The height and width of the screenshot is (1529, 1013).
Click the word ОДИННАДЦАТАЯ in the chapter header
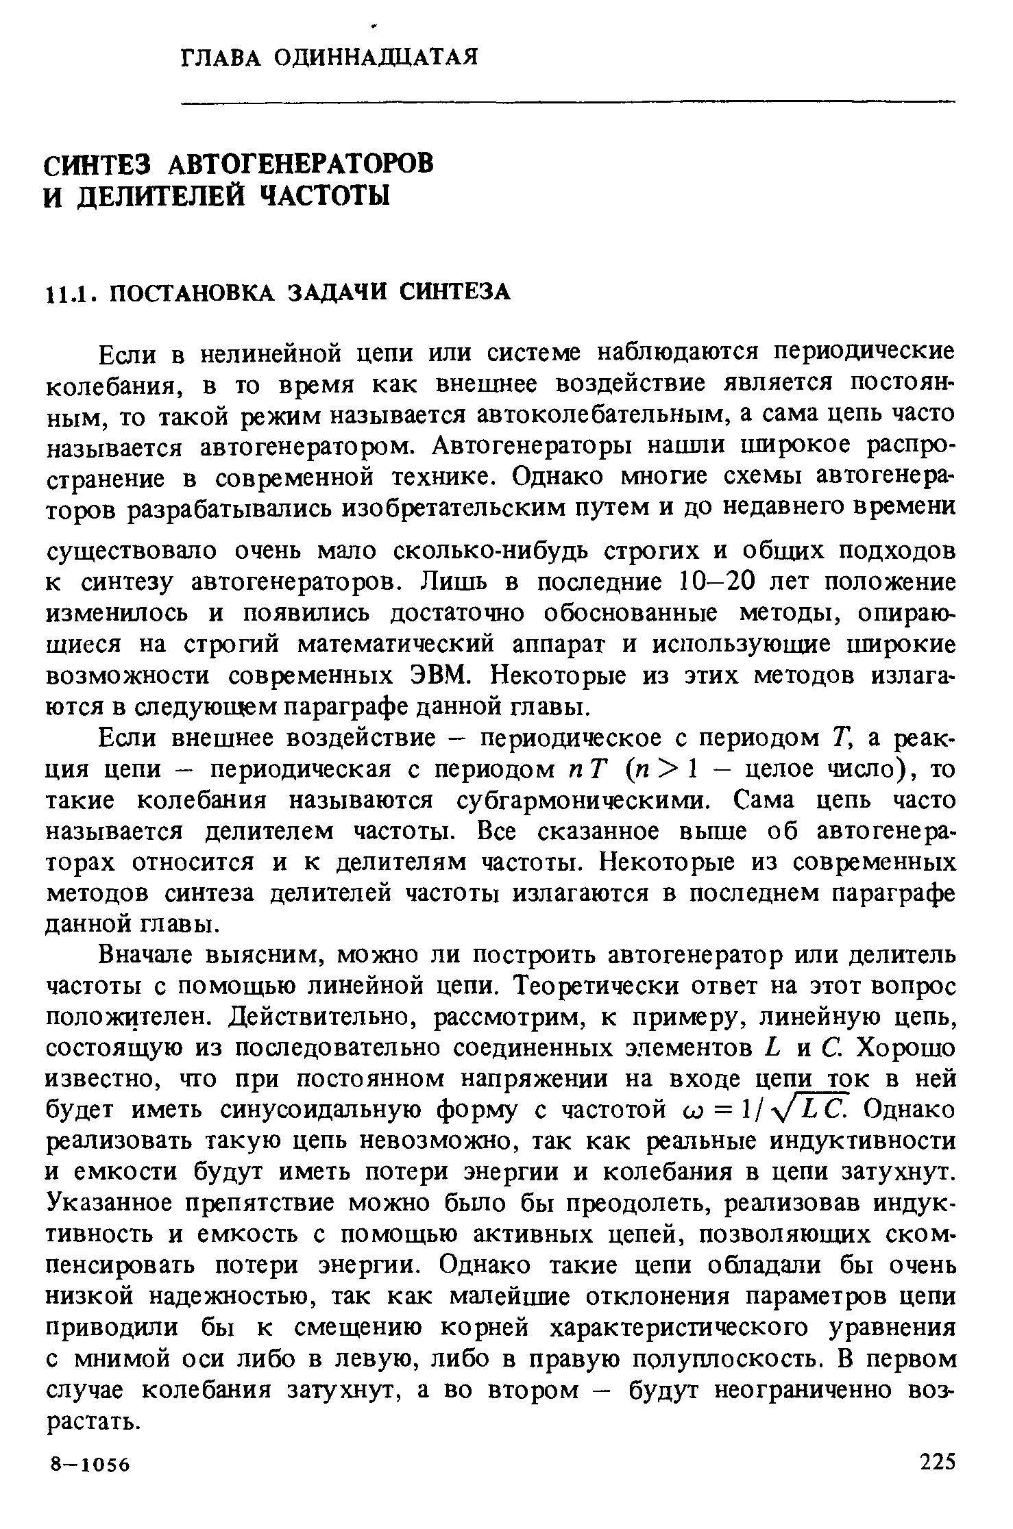pyautogui.click(x=375, y=56)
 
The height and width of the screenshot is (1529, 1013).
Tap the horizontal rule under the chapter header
pyautogui.click(x=567, y=103)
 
